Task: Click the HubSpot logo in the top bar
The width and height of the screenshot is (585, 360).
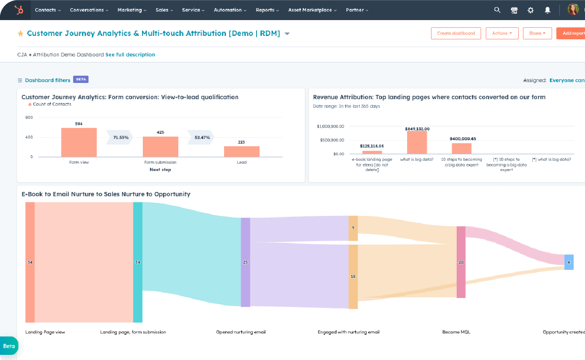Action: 18,10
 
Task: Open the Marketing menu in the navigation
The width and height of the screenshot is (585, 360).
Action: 132,10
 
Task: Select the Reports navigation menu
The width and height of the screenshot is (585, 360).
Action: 267,10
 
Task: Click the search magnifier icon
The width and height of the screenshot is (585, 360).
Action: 497,10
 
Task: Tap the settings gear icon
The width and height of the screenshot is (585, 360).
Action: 531,10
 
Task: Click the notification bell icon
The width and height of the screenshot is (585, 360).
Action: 547,10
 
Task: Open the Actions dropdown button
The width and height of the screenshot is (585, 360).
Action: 502,33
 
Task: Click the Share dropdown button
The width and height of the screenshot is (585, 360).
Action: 537,33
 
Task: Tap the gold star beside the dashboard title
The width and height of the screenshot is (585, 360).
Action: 21,33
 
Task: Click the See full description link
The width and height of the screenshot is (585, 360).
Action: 130,55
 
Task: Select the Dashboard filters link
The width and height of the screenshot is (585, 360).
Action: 47,80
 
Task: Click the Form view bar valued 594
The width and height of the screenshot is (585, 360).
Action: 79,142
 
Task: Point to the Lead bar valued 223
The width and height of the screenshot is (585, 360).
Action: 242,151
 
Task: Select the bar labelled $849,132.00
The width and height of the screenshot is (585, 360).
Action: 417,142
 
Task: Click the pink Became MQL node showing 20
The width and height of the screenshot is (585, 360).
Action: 461,262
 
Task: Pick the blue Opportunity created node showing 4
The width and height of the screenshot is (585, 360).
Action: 569,262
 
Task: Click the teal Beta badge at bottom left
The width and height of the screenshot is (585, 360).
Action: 9,346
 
